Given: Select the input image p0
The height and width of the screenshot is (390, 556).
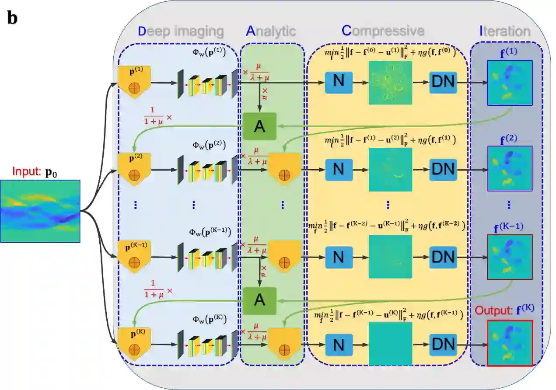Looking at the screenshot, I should pyautogui.click(x=40, y=211).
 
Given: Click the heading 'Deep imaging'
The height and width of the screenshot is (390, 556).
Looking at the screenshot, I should pyautogui.click(x=181, y=31).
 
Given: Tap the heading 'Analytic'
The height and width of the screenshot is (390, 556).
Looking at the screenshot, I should pyautogui.click(x=271, y=31).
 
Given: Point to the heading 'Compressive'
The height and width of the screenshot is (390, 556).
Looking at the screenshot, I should pyautogui.click(x=383, y=31).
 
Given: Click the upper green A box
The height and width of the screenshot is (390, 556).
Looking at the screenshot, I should pyautogui.click(x=260, y=126).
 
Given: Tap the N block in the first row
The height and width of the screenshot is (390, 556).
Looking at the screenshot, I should pyautogui.click(x=339, y=82).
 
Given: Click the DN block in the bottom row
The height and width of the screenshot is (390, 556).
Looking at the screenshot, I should pyautogui.click(x=443, y=345).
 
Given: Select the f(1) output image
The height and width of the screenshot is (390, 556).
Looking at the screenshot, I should pyautogui.click(x=510, y=83).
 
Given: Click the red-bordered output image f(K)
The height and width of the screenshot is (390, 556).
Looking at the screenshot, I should pyautogui.click(x=510, y=343).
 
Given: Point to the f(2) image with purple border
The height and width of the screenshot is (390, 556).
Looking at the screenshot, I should pyautogui.click(x=510, y=169).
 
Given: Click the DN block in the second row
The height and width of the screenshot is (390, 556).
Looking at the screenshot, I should pyautogui.click(x=443, y=169).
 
